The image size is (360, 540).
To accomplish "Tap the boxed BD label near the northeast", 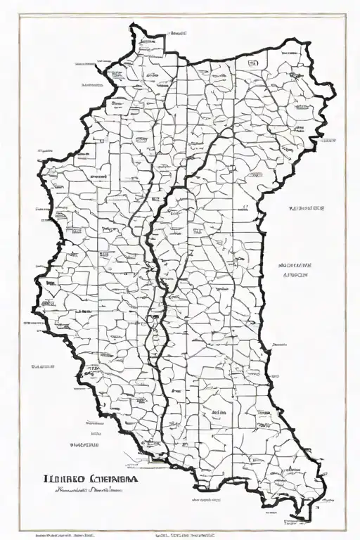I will coord(252,63).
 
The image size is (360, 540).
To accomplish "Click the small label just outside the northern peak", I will coord(178,32).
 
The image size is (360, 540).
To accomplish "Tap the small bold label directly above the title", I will coord(86,446).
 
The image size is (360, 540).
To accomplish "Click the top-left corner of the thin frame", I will coord(19,15).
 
